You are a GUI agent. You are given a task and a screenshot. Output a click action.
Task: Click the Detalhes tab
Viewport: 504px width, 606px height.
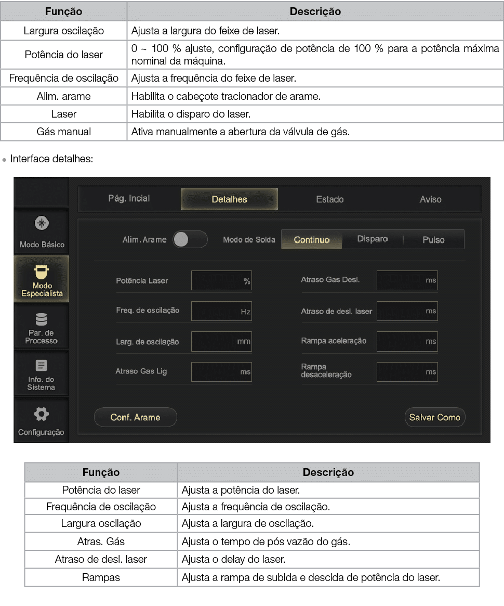[x=229, y=199]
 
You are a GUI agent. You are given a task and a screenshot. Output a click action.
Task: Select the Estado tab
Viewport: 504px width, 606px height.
[x=330, y=199]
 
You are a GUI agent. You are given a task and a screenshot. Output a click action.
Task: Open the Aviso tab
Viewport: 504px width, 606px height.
[x=431, y=199]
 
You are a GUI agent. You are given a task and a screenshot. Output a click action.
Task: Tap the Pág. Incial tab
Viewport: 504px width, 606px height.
[x=129, y=199]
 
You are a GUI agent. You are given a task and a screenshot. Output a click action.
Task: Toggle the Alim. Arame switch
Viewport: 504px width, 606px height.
[x=190, y=240]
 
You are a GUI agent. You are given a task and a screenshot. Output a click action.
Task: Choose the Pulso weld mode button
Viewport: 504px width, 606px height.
[x=433, y=240]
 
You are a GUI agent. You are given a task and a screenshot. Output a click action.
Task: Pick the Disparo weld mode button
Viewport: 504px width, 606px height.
[x=373, y=239]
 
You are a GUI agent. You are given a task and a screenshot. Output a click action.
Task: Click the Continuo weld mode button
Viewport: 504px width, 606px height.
[x=312, y=240]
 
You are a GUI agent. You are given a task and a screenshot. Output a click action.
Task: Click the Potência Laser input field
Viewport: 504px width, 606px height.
[x=221, y=281]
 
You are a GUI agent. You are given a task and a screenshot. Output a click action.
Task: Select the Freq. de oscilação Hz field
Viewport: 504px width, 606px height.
[x=221, y=312]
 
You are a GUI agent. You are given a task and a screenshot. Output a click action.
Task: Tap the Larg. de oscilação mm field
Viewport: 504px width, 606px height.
[x=221, y=342]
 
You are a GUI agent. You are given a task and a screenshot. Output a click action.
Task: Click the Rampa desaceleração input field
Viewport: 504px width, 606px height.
[x=407, y=372]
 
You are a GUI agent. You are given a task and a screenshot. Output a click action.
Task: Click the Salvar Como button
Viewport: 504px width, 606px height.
[x=435, y=417]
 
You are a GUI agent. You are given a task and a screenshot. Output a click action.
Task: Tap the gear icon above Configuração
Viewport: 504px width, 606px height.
[x=41, y=414]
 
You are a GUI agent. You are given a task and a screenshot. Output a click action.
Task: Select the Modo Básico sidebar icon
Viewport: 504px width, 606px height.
[x=42, y=224]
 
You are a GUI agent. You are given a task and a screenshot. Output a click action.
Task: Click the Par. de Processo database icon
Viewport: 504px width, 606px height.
[x=41, y=319]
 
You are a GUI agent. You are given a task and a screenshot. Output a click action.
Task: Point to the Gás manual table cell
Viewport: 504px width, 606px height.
[x=64, y=132]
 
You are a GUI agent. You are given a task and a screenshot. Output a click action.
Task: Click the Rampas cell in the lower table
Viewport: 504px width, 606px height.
[x=101, y=578]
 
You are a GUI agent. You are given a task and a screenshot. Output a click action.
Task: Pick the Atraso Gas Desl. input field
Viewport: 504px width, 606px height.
[x=407, y=280]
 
